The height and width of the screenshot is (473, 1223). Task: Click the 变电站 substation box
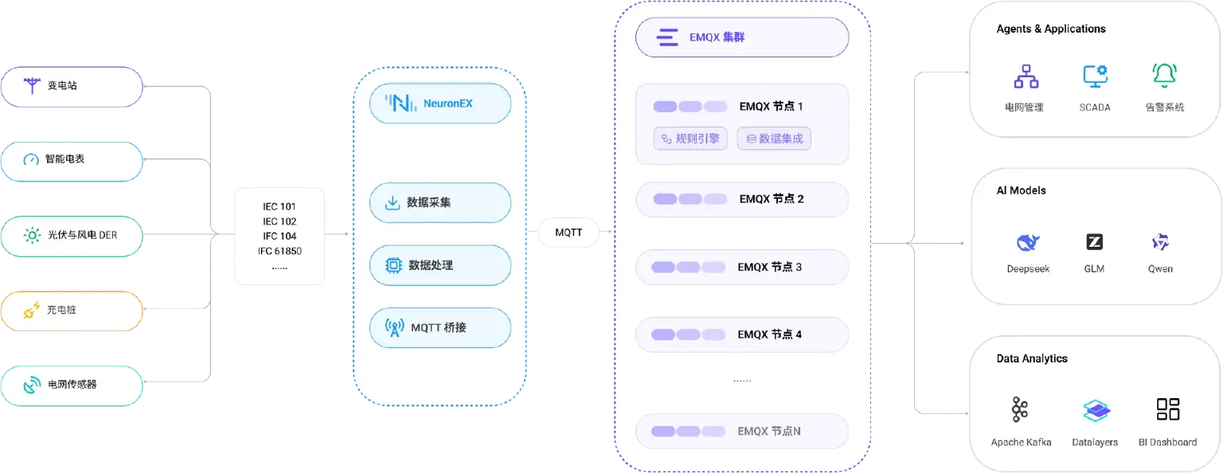pyautogui.click(x=72, y=86)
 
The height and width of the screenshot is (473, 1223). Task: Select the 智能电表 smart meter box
pyautogui.click(x=72, y=161)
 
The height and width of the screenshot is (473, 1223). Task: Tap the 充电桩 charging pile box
pyautogui.click(x=72, y=311)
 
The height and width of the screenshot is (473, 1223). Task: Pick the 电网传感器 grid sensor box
pyautogui.click(x=72, y=385)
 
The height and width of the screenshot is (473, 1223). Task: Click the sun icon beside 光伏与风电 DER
pyautogui.click(x=32, y=236)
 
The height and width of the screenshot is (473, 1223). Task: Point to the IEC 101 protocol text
pyautogui.click(x=279, y=206)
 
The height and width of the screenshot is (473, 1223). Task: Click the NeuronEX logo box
pyautogui.click(x=440, y=104)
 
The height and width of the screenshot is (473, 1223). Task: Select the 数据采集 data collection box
pyautogui.click(x=440, y=202)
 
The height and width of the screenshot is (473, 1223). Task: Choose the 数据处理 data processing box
pyautogui.click(x=440, y=265)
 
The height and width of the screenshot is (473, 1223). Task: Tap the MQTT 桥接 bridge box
pyautogui.click(x=440, y=328)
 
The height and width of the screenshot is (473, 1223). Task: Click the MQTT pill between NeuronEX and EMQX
pyautogui.click(x=569, y=233)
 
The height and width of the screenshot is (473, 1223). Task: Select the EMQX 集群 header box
pyautogui.click(x=742, y=37)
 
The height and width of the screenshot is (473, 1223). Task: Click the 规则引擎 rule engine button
pyautogui.click(x=690, y=139)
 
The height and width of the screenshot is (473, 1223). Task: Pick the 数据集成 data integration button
pyautogui.click(x=774, y=139)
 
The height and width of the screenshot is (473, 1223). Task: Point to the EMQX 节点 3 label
pyautogui.click(x=769, y=267)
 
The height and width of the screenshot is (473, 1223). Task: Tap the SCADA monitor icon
pyautogui.click(x=1096, y=76)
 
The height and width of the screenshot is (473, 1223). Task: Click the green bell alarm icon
pyautogui.click(x=1164, y=76)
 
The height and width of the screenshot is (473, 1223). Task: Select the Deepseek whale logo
pyautogui.click(x=1028, y=242)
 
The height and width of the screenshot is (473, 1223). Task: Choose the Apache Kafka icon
pyautogui.click(x=1019, y=409)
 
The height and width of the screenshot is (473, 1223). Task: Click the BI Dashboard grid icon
pyautogui.click(x=1168, y=409)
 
